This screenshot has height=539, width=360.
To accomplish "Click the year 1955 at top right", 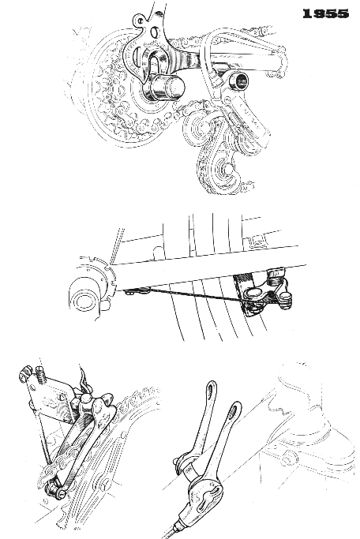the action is [x=325, y=13].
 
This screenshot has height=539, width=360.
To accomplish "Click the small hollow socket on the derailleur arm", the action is [x=238, y=80].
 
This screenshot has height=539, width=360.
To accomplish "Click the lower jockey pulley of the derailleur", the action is [x=225, y=169].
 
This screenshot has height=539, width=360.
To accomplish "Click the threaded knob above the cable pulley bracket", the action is [x=276, y=273].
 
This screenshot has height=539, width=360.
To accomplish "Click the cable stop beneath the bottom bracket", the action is [x=137, y=291].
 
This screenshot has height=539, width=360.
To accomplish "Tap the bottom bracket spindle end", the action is [x=83, y=300].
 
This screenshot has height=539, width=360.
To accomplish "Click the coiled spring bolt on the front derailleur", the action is [x=39, y=375].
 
